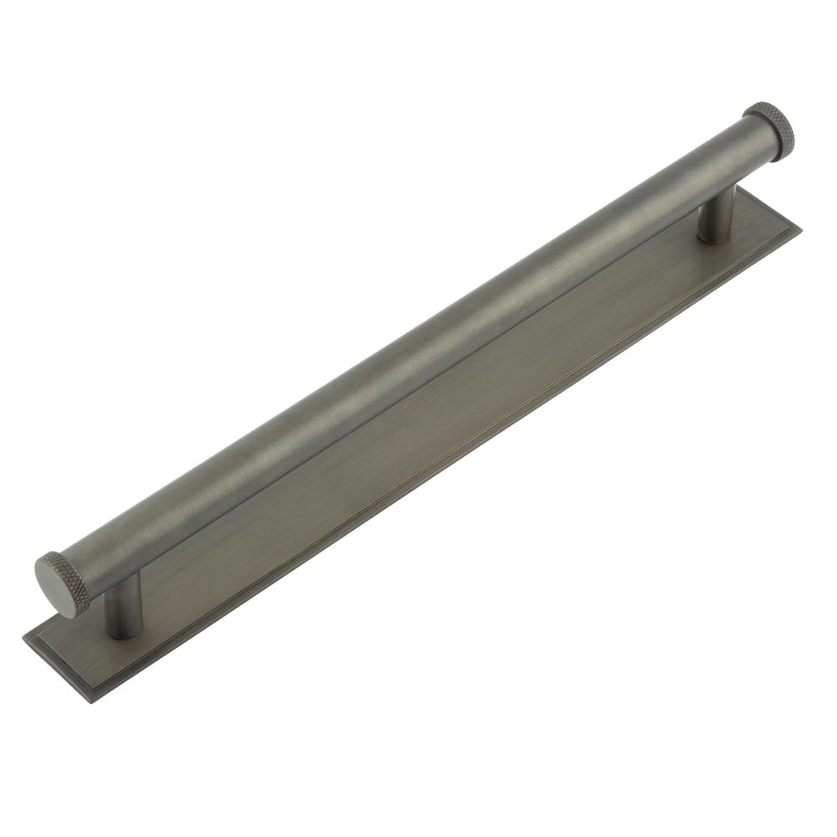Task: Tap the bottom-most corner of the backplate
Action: (x=92, y=700)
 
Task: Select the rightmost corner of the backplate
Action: (x=799, y=226)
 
